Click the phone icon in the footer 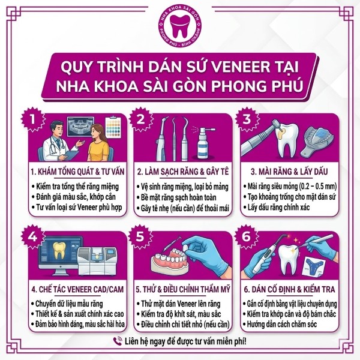pyautogui.click(x=118, y=341)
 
